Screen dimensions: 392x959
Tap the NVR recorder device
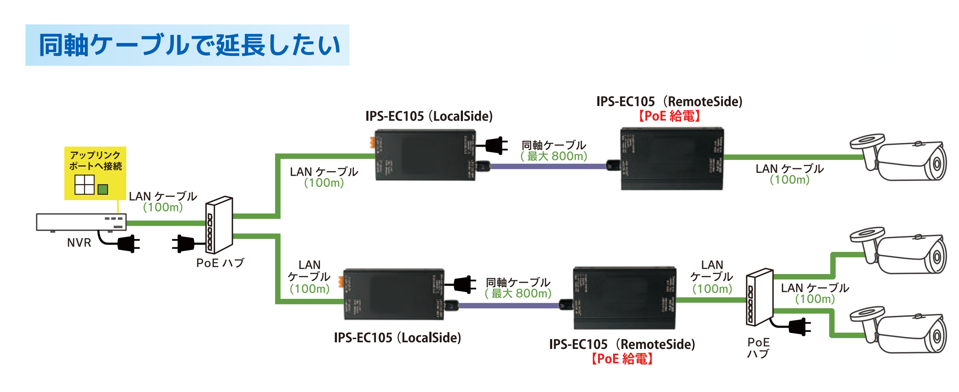pos(81,222)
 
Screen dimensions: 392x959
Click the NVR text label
pos(79,243)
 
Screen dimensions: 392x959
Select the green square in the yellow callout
pos(103,190)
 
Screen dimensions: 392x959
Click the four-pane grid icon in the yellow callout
pos(85,185)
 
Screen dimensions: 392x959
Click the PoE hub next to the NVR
pos(220,225)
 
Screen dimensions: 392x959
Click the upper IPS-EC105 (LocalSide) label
pos(429,116)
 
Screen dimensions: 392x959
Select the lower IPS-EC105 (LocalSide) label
pos(397,337)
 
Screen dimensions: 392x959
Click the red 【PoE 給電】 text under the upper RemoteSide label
pos(669,116)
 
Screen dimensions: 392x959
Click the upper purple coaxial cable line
pos(547,166)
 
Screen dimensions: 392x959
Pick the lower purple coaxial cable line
pos(510,305)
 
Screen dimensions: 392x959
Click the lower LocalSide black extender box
pos(393,294)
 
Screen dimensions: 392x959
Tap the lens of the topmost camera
pos(937,164)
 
